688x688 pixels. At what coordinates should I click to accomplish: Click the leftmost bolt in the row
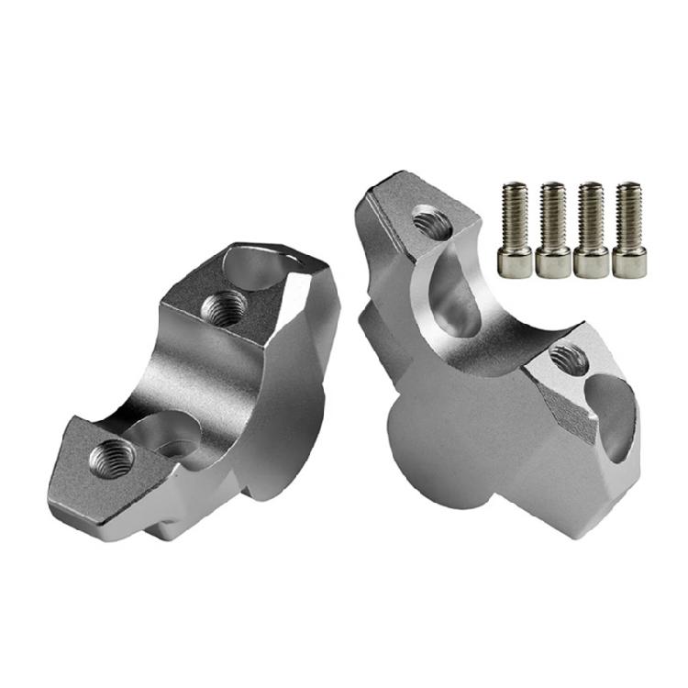[514, 229]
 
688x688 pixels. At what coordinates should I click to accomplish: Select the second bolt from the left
[552, 229]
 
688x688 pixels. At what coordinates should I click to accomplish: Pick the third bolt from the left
[590, 229]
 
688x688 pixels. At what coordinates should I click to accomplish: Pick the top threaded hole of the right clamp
[427, 219]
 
